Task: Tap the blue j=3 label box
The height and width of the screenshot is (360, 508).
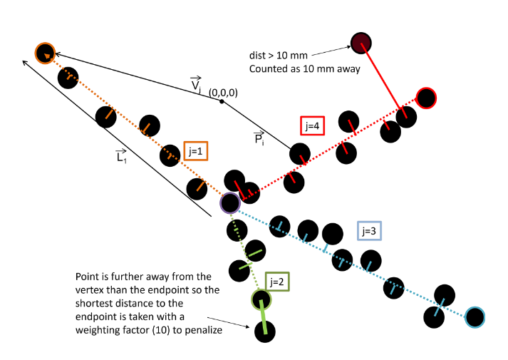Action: tap(370, 231)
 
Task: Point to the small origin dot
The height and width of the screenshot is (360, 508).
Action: tap(222, 102)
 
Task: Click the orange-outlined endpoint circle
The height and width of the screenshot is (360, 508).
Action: tap(45, 52)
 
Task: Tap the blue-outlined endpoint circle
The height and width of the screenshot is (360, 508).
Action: tap(475, 317)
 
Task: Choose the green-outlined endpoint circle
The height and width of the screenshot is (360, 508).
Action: tap(261, 299)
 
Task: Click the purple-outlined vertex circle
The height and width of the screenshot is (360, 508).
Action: tap(229, 203)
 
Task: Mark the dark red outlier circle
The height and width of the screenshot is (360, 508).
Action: tap(361, 43)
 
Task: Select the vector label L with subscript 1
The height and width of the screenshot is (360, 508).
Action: tap(120, 157)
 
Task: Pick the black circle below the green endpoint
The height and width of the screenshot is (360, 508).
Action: tap(266, 331)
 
